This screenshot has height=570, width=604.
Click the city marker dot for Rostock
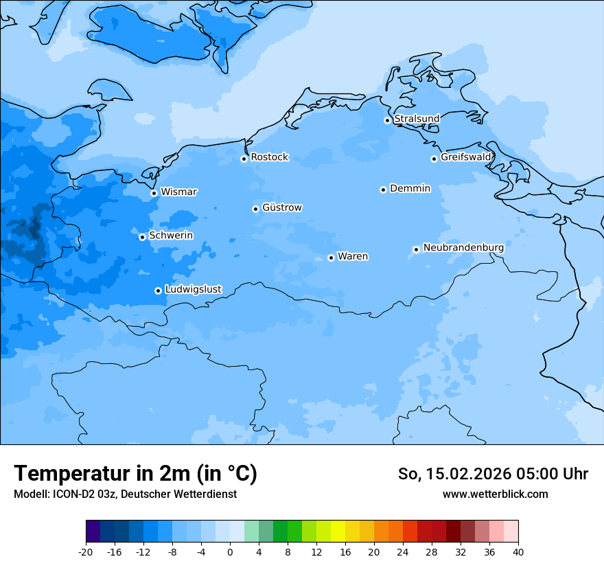click(x=244, y=159)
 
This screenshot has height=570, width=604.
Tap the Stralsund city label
click(x=417, y=119)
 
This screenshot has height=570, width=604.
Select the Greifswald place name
click(x=465, y=157)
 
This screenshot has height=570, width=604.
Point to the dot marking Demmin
click(x=383, y=190)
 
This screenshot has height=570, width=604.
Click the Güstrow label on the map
click(x=281, y=208)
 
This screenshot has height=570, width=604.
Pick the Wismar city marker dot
click(x=154, y=193)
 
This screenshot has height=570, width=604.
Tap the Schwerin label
click(x=171, y=236)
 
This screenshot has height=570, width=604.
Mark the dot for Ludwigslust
click(x=158, y=290)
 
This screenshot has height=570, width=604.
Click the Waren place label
click(x=353, y=257)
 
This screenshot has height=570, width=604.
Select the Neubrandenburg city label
click(x=463, y=248)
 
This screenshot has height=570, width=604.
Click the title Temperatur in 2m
click(x=135, y=474)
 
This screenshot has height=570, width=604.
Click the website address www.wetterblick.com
click(x=495, y=494)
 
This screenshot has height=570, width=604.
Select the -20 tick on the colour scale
click(x=86, y=551)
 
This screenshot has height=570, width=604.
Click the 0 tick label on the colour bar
click(x=230, y=551)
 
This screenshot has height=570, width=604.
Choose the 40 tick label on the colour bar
click(x=518, y=551)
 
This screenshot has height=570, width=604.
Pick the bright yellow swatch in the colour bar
click(x=338, y=532)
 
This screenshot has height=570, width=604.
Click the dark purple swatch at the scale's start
click(x=93, y=532)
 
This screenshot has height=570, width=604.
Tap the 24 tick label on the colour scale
click(x=403, y=551)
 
